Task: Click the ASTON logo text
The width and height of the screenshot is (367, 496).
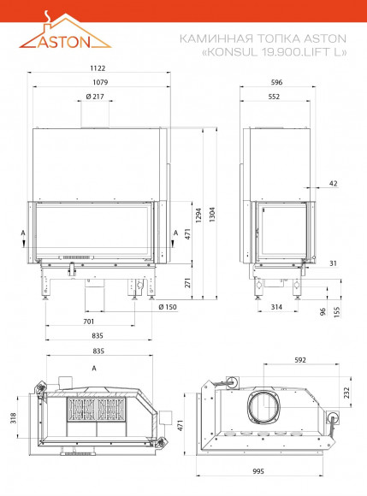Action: click(64, 42)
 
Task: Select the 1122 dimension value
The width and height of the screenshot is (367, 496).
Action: click(98, 68)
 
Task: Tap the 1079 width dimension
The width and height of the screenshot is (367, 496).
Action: click(100, 82)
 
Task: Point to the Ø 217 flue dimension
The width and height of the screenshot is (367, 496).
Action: click(95, 97)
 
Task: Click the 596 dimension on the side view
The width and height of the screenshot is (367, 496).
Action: click(276, 82)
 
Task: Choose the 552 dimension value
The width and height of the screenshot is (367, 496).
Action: click(274, 97)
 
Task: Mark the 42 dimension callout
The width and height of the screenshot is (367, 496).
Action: click(333, 184)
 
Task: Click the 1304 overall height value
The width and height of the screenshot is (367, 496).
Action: click(212, 215)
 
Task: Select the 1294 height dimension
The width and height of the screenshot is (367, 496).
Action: click(198, 216)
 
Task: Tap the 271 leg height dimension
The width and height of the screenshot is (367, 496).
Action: click(187, 282)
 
